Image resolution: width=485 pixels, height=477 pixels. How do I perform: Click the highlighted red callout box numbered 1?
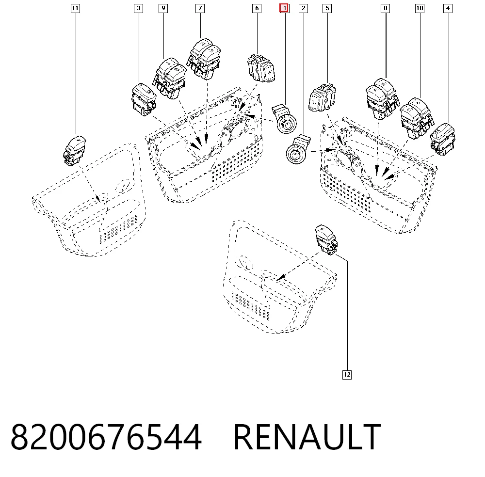coord(284,8)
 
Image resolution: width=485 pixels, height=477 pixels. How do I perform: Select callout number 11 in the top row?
coord(76,8)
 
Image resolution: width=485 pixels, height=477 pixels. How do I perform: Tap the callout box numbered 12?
coord(347,375)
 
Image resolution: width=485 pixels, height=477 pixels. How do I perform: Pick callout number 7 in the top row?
coord(200,8)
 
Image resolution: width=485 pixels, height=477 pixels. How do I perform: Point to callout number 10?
coord(420,8)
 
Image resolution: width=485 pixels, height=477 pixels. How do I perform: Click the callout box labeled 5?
coord(327,8)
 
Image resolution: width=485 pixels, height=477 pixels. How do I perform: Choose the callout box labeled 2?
coord(304,8)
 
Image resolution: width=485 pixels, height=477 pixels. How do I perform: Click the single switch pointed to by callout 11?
coord(75,151)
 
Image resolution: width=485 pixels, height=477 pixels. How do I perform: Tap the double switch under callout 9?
coord(170,79)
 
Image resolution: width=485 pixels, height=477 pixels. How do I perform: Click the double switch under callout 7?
coord(204,59)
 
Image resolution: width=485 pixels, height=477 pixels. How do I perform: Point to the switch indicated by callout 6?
coord(261,68)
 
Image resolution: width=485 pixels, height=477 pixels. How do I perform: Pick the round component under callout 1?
coord(284,119)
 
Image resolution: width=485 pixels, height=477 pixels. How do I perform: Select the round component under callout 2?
coord(298,149)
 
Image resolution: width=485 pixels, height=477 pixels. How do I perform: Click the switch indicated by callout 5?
coord(323,98)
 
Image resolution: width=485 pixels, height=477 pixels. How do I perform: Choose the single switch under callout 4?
coord(443,140)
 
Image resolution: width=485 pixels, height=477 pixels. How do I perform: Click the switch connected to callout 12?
coord(326,240)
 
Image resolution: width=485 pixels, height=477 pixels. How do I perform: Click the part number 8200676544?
coord(106,437)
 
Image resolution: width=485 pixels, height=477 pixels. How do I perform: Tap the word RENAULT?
coord(307,437)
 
